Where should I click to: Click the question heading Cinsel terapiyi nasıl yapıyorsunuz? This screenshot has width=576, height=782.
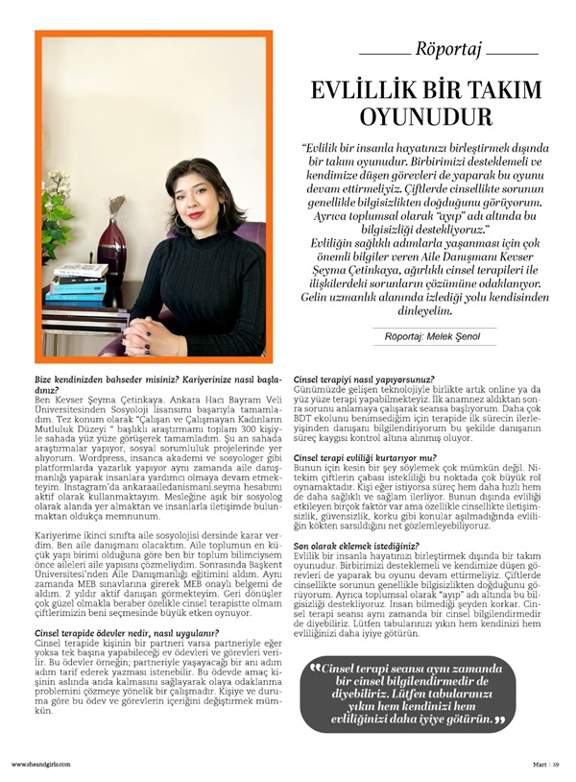pos(363,379)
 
